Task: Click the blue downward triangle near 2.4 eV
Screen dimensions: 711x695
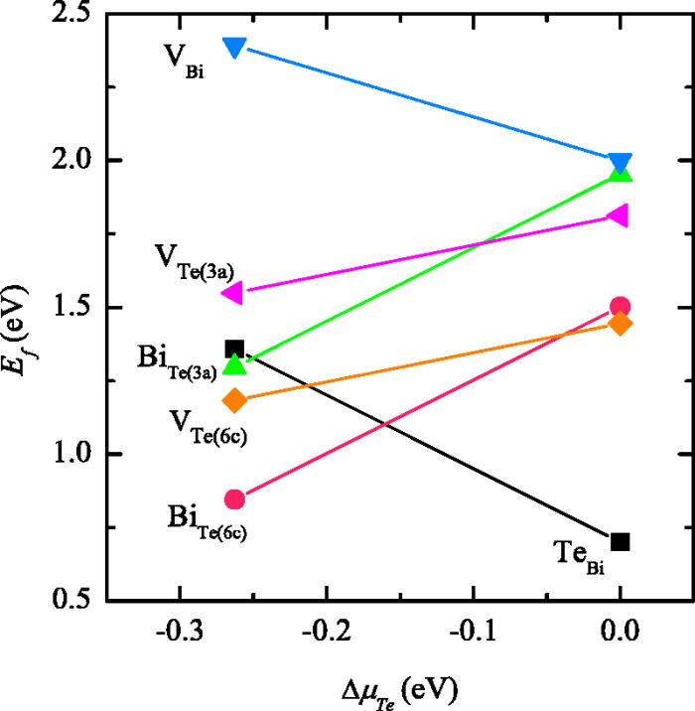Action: [x=235, y=48]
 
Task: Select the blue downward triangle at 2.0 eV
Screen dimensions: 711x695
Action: [x=621, y=163]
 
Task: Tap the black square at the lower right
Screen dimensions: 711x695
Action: [x=621, y=541]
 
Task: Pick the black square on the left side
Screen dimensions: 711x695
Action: [x=235, y=349]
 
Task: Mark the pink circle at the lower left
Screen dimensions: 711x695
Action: [x=235, y=498]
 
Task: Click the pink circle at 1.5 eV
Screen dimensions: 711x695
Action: [x=621, y=307]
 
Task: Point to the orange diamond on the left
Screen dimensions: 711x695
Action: [x=235, y=400]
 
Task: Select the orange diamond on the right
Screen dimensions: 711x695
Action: [x=621, y=323]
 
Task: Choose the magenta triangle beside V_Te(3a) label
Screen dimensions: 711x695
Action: [x=232, y=292]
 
